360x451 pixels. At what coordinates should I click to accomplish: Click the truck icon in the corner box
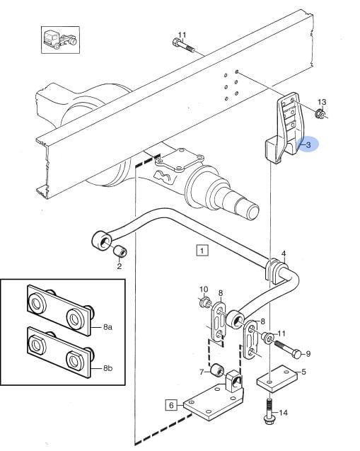(60, 40)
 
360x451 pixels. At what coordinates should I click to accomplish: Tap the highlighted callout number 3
(308, 144)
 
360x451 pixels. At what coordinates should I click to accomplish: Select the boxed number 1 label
(202, 251)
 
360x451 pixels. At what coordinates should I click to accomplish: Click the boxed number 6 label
(171, 406)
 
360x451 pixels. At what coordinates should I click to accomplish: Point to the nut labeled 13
(320, 114)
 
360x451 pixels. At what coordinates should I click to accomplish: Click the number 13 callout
(322, 102)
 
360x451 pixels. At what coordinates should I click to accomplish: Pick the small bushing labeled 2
(120, 251)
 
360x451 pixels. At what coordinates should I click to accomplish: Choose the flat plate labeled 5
(277, 378)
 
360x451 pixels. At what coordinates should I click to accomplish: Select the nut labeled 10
(204, 302)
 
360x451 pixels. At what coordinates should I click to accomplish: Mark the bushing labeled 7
(218, 371)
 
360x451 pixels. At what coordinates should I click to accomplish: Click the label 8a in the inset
(108, 327)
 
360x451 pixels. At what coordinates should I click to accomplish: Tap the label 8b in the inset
(108, 368)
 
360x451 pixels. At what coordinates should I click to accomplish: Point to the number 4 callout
(284, 253)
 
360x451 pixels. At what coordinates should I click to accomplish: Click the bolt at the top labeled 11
(184, 46)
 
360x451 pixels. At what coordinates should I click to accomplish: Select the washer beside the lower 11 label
(268, 338)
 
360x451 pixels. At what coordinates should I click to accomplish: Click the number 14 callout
(284, 413)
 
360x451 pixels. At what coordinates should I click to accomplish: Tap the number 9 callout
(308, 353)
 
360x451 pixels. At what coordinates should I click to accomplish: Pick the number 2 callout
(120, 266)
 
